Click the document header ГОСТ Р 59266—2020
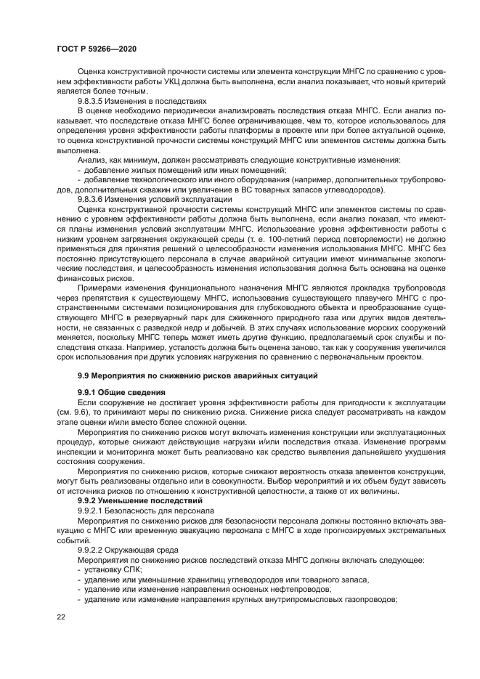coord(96,48)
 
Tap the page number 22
coord(61,616)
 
